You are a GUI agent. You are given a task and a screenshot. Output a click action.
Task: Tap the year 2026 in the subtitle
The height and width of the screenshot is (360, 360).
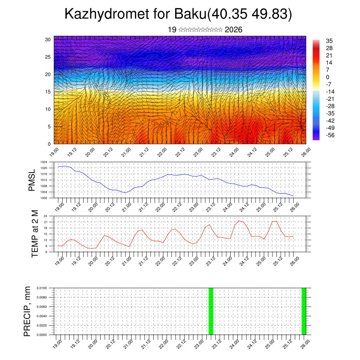(x=233, y=30)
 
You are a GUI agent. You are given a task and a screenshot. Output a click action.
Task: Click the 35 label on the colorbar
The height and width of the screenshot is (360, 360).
(x=329, y=41)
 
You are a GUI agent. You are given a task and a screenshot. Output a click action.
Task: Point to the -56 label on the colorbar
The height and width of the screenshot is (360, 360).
(x=331, y=135)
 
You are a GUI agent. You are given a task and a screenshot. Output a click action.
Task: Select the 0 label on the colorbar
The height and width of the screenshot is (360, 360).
(x=328, y=77)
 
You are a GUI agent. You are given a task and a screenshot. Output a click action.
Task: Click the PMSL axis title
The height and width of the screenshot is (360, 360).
(x=32, y=180)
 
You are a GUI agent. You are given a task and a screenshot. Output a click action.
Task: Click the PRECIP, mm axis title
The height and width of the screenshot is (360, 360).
(x=27, y=311)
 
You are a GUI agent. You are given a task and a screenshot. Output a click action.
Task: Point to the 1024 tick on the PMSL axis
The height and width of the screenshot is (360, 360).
(x=44, y=162)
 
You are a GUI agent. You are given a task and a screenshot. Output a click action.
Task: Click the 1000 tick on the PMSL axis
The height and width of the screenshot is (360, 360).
(x=44, y=198)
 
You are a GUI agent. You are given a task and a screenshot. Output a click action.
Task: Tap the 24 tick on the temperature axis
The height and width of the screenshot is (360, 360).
(x=45, y=216)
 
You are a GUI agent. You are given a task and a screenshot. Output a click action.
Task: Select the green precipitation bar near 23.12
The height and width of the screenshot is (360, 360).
(x=211, y=311)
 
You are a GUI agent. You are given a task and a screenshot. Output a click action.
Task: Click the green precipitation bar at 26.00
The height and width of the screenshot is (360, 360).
(x=304, y=311)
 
